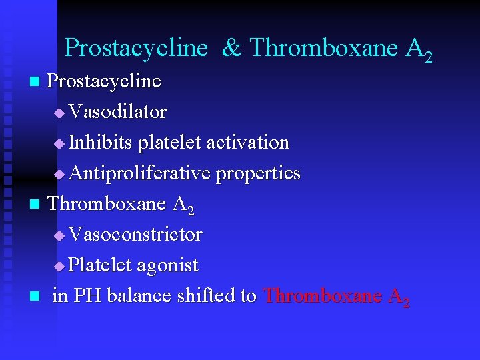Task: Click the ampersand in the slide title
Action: (x=231, y=48)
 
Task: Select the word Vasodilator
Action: (x=117, y=112)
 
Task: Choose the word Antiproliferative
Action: (x=139, y=173)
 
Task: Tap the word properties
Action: (x=258, y=173)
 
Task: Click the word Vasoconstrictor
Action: (x=135, y=235)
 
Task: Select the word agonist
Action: (x=167, y=265)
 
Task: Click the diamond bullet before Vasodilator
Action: (x=59, y=113)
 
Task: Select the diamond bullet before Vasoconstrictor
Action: (x=59, y=236)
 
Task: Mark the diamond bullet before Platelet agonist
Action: (x=59, y=267)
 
